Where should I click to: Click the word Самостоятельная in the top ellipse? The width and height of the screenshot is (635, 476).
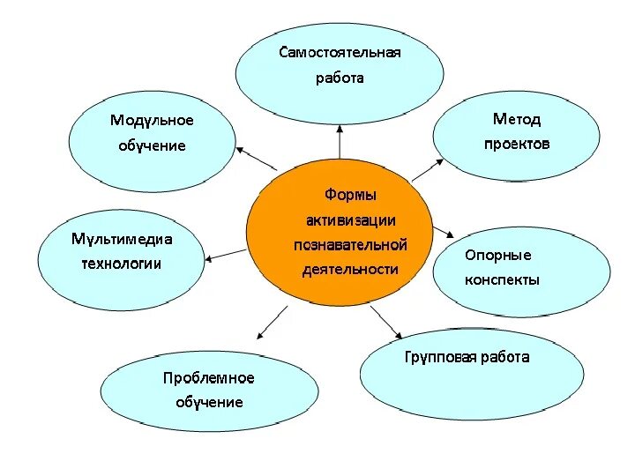tap(340, 52)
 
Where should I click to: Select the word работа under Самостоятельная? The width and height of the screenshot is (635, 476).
tap(340, 78)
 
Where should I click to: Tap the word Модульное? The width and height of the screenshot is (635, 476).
tap(152, 120)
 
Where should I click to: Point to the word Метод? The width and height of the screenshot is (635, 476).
tap(517, 119)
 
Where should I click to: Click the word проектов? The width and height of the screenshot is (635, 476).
tap(517, 144)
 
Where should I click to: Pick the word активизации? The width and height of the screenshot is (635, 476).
tap(350, 219)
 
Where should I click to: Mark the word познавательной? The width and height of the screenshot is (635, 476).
tap(350, 244)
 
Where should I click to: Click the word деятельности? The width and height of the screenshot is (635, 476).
tap(350, 269)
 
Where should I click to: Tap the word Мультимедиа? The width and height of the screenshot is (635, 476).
tap(122, 239)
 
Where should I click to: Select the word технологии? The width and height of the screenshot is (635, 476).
tap(122, 264)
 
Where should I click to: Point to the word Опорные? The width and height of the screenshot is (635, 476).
tap(498, 255)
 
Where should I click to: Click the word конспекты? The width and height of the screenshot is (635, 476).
tap(502, 279)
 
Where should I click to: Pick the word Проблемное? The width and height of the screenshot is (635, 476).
tap(208, 378)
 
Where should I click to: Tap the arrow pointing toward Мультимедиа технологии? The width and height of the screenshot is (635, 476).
tap(226, 255)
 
